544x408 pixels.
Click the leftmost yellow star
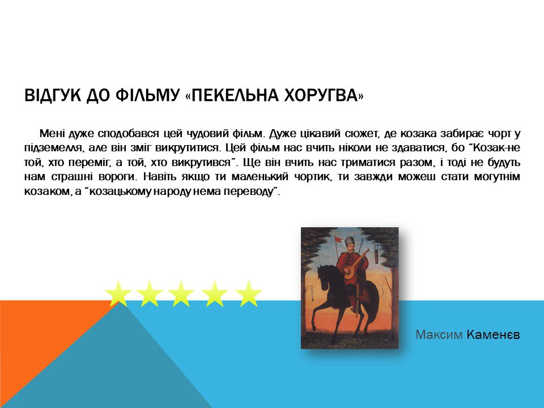[118, 294]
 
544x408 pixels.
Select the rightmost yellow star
[248, 294]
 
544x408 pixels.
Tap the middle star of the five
[181, 294]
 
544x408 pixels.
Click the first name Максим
[439, 335]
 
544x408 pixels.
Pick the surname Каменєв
[494, 335]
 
